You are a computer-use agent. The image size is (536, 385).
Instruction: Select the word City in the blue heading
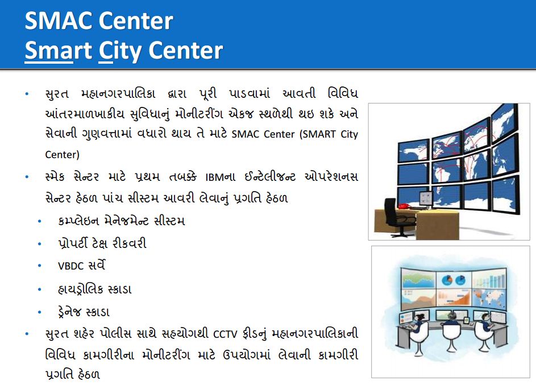click(x=120, y=51)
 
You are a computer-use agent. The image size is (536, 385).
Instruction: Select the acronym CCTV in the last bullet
click(x=225, y=334)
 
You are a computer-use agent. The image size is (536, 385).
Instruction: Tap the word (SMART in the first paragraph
click(x=318, y=134)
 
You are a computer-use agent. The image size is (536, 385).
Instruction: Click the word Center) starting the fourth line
click(x=62, y=155)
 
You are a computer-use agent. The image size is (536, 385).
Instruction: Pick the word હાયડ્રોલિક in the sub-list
click(x=80, y=289)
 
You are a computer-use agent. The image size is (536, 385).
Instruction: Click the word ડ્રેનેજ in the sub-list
click(x=70, y=312)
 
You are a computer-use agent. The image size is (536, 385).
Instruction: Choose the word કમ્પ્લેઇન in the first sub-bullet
click(x=78, y=221)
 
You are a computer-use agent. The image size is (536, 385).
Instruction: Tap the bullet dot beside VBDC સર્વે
click(x=40, y=266)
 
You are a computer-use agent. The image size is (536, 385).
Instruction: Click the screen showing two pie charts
click(x=454, y=280)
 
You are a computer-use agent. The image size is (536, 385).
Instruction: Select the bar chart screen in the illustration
click(x=489, y=278)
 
